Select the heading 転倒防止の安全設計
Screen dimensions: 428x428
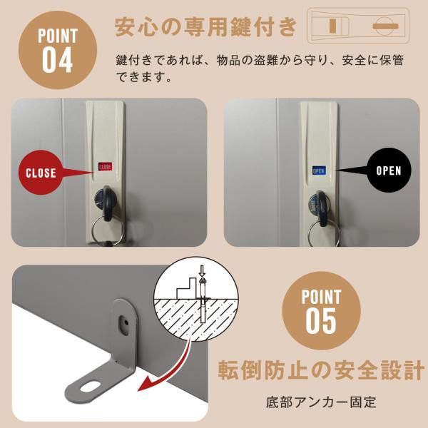tap(320, 372)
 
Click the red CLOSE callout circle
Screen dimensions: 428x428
tap(42, 172)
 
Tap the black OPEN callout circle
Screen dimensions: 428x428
tap(388, 170)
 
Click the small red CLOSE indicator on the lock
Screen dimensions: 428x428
tap(105, 167)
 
